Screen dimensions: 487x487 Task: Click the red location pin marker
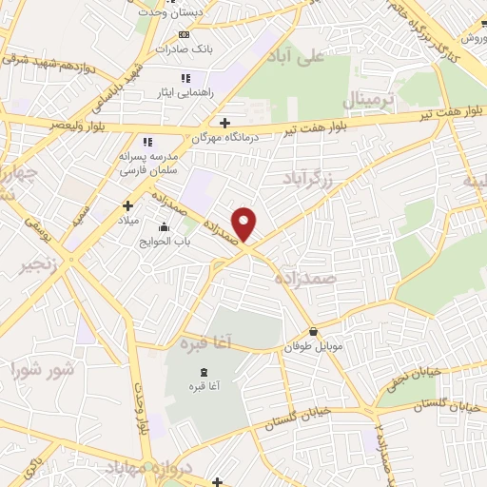245,224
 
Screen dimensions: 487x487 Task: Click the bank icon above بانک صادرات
184,35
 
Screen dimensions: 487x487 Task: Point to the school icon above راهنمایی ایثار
185,77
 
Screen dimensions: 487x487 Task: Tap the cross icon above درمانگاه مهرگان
224,122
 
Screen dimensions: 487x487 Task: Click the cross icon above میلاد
128,205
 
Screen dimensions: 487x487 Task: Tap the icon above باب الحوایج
165,226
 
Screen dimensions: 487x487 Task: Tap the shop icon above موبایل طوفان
313,332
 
